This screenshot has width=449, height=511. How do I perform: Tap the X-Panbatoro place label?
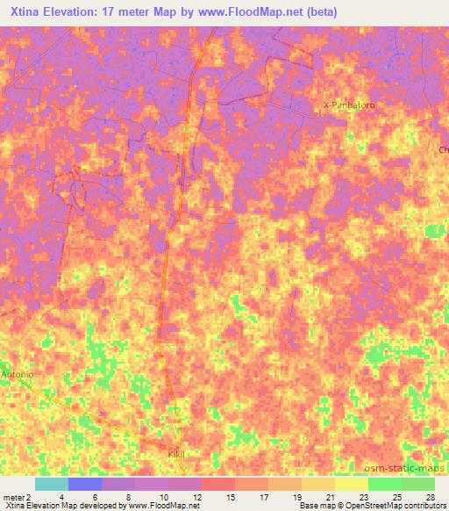click(349, 105)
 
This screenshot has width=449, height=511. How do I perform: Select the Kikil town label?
click(179, 454)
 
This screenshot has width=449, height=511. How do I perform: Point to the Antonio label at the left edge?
click(17, 375)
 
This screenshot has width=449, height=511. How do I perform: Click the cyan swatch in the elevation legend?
click(51, 484)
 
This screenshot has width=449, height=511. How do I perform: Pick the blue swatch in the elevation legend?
click(84, 484)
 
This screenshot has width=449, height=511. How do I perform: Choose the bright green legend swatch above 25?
click(384, 484)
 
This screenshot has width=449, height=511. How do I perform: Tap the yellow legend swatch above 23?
click(351, 484)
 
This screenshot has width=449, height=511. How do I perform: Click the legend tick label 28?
click(429, 496)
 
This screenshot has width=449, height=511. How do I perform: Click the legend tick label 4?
click(62, 496)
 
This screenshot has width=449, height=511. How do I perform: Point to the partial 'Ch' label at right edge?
click(443, 150)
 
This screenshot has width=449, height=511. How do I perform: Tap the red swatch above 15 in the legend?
click(217, 484)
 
